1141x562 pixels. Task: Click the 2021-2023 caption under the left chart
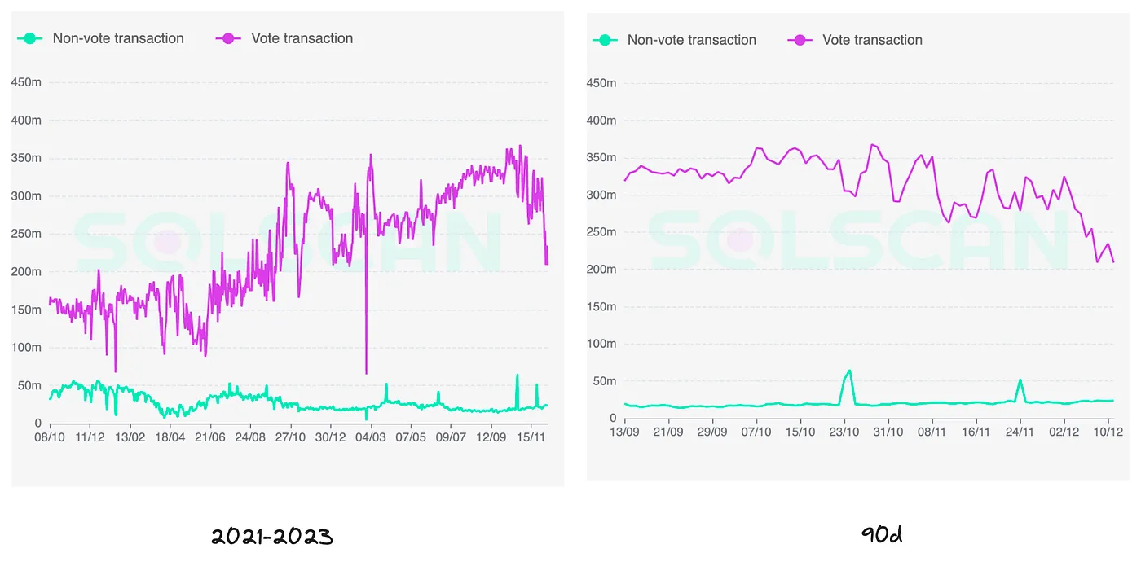(271, 536)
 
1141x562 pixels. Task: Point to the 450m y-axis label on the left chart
(25, 82)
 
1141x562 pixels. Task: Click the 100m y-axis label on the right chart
(601, 344)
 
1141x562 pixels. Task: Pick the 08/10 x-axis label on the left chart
(50, 437)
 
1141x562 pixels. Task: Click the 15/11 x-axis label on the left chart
(531, 437)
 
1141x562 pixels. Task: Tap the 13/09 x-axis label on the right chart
(624, 432)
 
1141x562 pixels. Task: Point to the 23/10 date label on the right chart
(844, 432)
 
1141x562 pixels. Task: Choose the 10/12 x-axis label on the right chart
(1108, 432)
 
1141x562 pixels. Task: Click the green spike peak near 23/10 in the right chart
(850, 371)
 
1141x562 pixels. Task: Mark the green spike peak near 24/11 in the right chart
(1020, 380)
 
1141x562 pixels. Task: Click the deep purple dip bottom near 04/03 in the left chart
(366, 373)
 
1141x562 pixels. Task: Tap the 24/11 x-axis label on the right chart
(1020, 432)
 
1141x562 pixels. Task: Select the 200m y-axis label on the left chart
(25, 271)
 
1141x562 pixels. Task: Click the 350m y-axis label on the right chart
(601, 157)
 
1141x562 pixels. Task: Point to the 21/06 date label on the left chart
(209, 437)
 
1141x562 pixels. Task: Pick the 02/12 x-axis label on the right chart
(1064, 432)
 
